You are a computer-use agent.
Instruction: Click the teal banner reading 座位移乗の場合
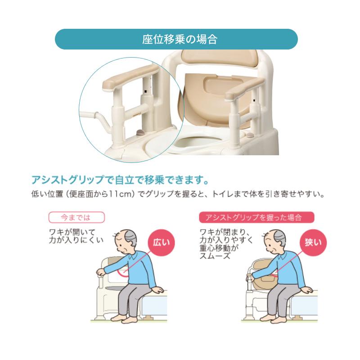(x=176, y=39)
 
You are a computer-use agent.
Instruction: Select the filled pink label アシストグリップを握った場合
(x=256, y=217)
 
